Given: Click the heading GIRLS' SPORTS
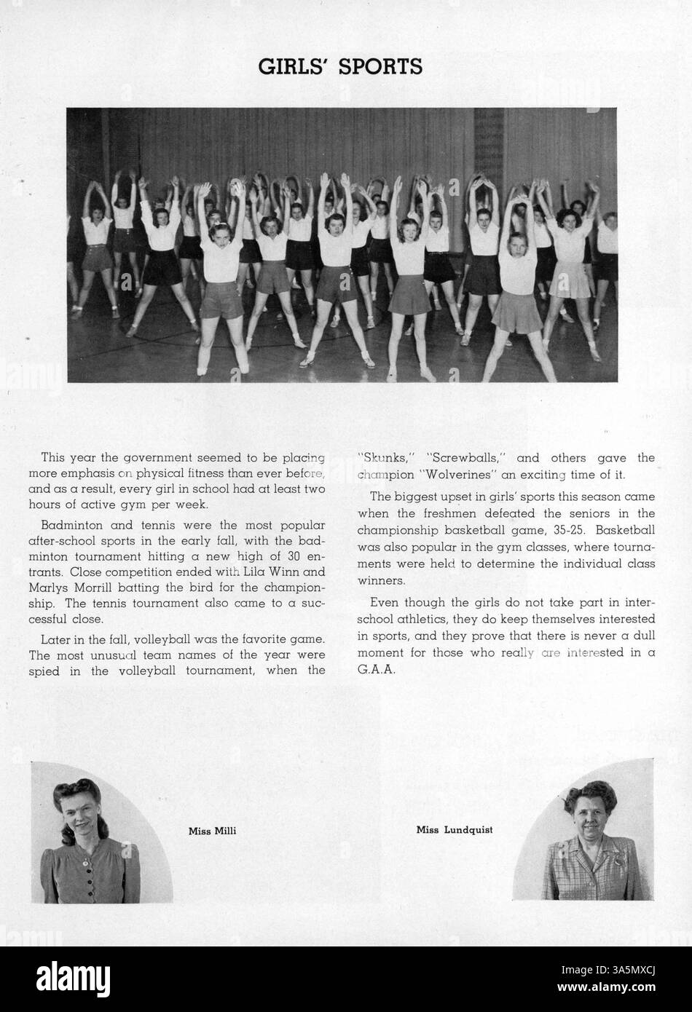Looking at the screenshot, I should point(341,67).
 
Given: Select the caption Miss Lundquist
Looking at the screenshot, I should point(454,829).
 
